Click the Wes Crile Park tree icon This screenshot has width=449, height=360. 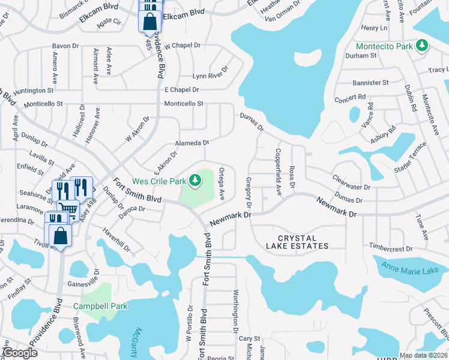tap(195, 179)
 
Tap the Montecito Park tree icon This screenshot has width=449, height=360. tap(423, 46)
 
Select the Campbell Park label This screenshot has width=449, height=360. tap(100, 306)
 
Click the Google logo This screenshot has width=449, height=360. tap(20, 353)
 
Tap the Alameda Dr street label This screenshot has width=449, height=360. tap(192, 143)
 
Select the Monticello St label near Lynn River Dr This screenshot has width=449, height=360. tap(184, 103)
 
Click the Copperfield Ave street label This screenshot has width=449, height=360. tap(279, 172)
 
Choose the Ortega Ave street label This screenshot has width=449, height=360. tap(221, 184)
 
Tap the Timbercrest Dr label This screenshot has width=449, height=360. tap(391, 248)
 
